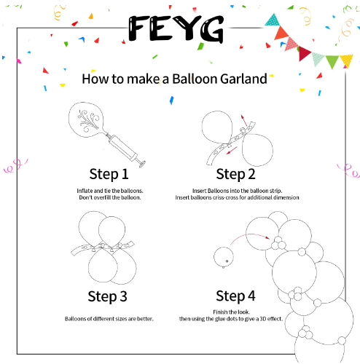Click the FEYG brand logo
point(176,28)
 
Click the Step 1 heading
point(109,174)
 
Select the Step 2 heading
point(235,174)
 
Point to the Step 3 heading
point(107,296)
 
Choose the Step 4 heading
point(235,296)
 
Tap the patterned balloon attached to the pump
point(87,119)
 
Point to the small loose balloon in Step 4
point(224,257)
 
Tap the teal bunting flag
point(273,20)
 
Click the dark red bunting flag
point(304,53)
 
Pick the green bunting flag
point(332,61)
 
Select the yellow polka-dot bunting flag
point(346,61)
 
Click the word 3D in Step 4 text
point(263,319)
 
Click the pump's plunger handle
point(141,162)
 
